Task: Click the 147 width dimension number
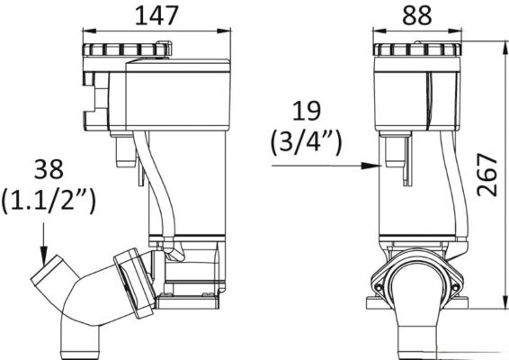click(x=156, y=15)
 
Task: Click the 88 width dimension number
click(x=417, y=15)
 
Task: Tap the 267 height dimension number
click(x=487, y=175)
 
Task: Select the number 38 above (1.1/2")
click(x=49, y=169)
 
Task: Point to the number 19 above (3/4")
click(x=307, y=111)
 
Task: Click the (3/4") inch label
click(x=306, y=142)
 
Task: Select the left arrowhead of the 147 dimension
click(x=90, y=31)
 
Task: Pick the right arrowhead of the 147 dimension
click(x=224, y=31)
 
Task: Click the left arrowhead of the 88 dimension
click(x=379, y=31)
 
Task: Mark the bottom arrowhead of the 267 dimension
click(x=505, y=301)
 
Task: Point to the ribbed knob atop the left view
click(x=127, y=49)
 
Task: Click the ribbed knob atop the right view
click(x=416, y=49)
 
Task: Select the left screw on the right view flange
click(x=378, y=287)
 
